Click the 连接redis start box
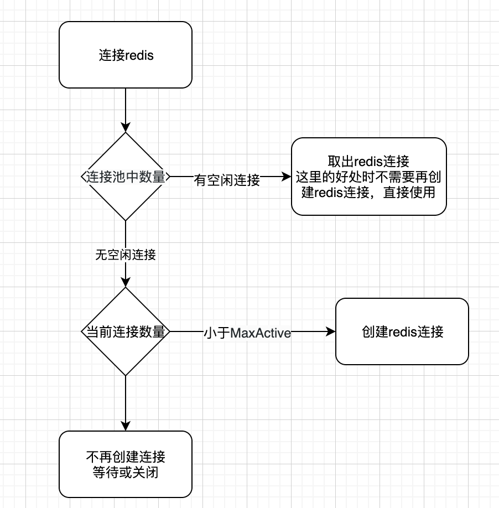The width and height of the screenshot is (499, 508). (126, 55)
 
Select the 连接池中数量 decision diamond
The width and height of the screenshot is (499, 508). (126, 177)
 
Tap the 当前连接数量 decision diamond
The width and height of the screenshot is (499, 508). (126, 332)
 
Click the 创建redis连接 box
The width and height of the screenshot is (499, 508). (402, 332)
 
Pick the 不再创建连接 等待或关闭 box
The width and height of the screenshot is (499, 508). (126, 465)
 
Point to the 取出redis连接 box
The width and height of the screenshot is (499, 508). (369, 177)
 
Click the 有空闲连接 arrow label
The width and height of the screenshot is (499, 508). (227, 180)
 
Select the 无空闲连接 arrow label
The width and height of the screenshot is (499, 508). (126, 255)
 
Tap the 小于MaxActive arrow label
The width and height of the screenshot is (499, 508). (247, 333)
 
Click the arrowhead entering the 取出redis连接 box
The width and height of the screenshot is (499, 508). (287, 177)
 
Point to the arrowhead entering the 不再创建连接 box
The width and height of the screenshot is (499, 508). (126, 426)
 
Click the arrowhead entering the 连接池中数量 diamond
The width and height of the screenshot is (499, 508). (126, 127)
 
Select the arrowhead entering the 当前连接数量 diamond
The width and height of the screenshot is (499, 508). (126, 282)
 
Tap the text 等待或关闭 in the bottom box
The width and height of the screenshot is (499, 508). (126, 473)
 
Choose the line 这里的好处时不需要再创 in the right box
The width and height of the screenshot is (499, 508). (369, 177)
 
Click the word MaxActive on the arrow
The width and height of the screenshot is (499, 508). (261, 333)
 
